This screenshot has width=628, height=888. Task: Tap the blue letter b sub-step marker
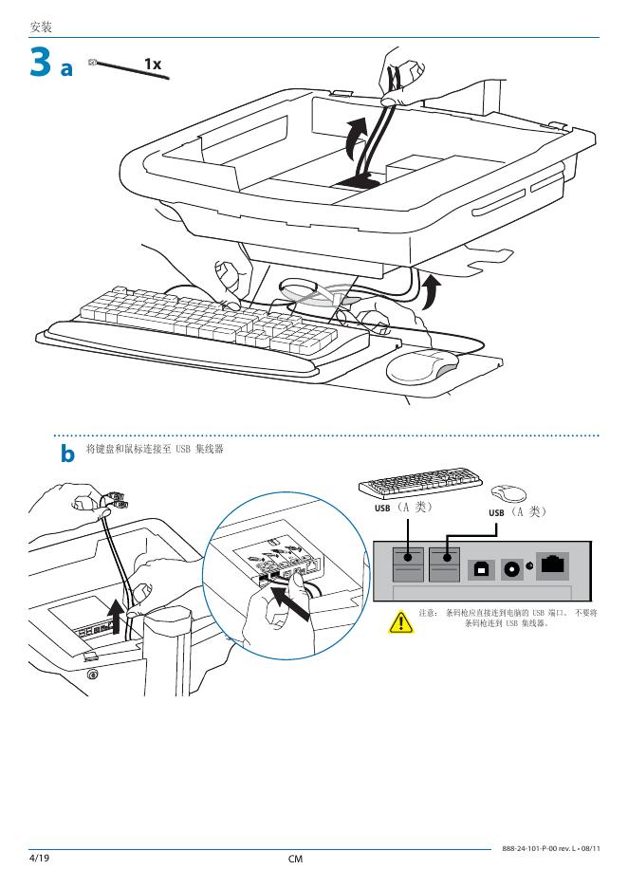(67, 454)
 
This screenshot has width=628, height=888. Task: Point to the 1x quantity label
(153, 64)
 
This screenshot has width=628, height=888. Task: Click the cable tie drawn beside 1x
(127, 68)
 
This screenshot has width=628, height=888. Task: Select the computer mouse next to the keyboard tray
(422, 365)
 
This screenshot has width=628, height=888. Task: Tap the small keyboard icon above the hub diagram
(416, 485)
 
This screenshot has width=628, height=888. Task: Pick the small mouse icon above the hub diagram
(509, 492)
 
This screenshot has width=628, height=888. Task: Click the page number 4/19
(40, 859)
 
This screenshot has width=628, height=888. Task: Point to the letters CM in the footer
(295, 860)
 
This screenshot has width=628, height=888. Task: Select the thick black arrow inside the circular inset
(294, 603)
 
